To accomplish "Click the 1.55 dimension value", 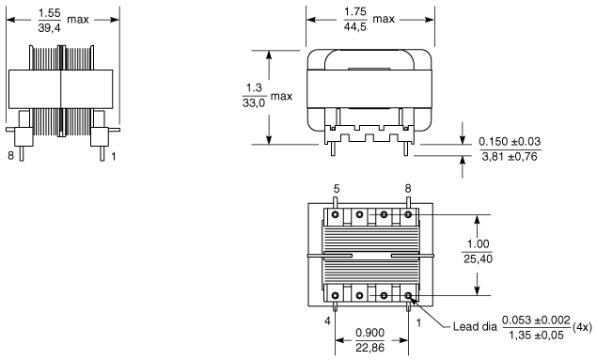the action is [x=50, y=13].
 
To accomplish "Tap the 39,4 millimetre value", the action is [x=50, y=27].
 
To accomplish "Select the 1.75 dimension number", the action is [x=355, y=12].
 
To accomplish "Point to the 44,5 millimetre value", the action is [x=355, y=26].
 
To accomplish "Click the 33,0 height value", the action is [x=254, y=102].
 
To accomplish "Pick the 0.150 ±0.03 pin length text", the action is [x=510, y=142].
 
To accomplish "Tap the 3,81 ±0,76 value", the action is [x=510, y=156].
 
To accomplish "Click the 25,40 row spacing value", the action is [x=478, y=258].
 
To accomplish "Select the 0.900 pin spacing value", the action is [x=369, y=333].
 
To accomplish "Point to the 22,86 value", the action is [x=369, y=347].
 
